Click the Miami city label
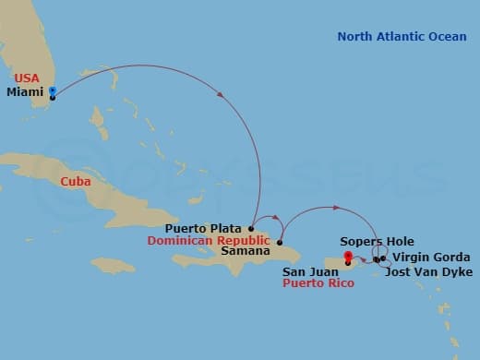tap(24, 92)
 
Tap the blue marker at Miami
tap(53, 91)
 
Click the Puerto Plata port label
tap(205, 228)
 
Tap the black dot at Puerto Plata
tap(251, 228)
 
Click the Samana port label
tap(246, 250)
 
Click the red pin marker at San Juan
tap(347, 258)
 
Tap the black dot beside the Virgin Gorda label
tap(383, 258)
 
